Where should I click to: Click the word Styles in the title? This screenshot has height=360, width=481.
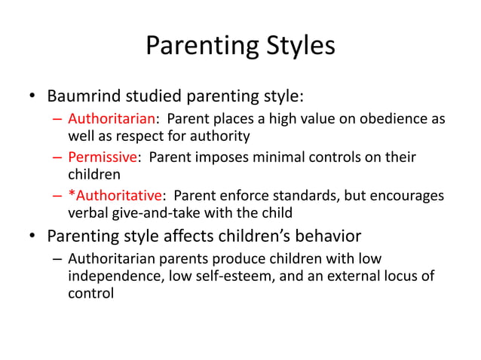click(293, 46)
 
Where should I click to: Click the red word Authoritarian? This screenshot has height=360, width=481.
click(112, 120)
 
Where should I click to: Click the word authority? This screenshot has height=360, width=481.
click(216, 136)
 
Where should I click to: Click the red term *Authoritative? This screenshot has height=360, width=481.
click(115, 197)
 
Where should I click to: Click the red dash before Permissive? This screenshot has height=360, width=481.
click(58, 158)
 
